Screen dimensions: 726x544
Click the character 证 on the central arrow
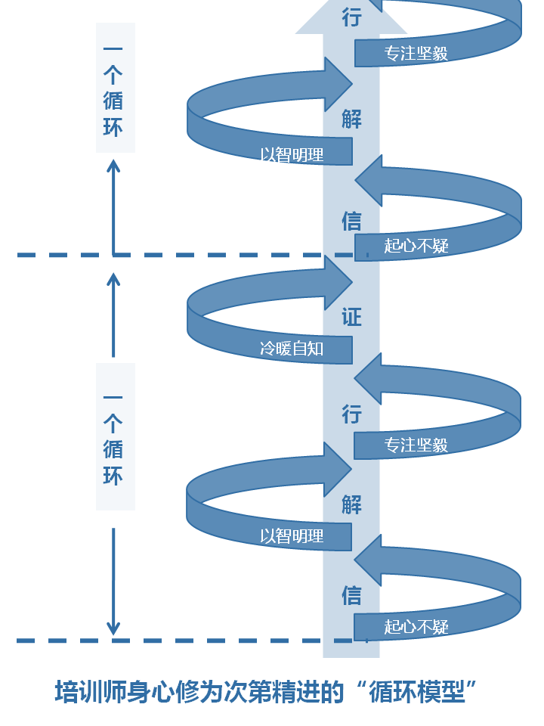pyautogui.click(x=351, y=317)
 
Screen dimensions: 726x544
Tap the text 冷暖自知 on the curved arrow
pyautogui.click(x=292, y=349)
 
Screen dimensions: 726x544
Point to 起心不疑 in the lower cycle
pyautogui.click(x=416, y=626)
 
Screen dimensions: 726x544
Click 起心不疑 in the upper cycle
pyautogui.click(x=416, y=245)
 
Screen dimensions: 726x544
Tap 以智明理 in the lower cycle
pyautogui.click(x=292, y=536)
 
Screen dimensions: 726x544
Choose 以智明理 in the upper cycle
pyautogui.click(x=292, y=155)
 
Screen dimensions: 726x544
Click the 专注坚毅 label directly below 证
pyautogui.click(x=416, y=445)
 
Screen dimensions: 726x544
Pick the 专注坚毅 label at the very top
pyautogui.click(x=416, y=53)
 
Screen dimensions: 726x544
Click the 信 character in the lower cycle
pyautogui.click(x=351, y=595)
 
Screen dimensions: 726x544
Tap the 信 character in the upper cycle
pyautogui.click(x=351, y=221)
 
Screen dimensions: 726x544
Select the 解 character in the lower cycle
pyautogui.click(x=351, y=504)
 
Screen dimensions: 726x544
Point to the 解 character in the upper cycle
pyautogui.click(x=351, y=119)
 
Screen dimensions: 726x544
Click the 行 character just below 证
pyautogui.click(x=351, y=414)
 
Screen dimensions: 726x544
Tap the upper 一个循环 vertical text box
pyautogui.click(x=114, y=88)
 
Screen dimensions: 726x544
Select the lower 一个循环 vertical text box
pyautogui.click(x=114, y=436)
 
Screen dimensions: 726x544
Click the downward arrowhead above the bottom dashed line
pyautogui.click(x=113, y=626)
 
